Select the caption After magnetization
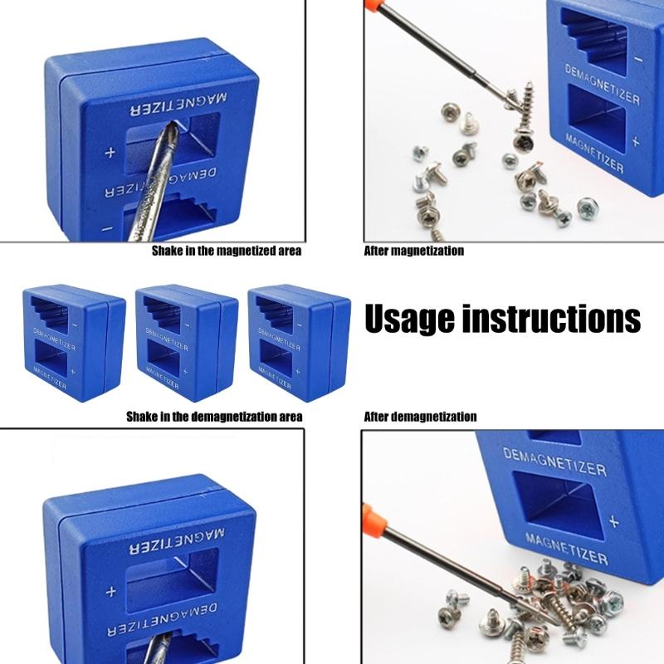coord(414,251)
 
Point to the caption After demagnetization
coord(421,417)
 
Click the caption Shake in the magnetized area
coord(226,251)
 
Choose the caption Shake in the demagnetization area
coord(214,417)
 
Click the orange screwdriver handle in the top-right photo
coord(377,10)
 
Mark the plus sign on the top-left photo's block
coord(110,154)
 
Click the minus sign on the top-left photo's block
coord(107,227)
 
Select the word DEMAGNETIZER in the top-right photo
coord(602,85)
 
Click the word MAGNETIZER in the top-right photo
coord(591,153)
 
